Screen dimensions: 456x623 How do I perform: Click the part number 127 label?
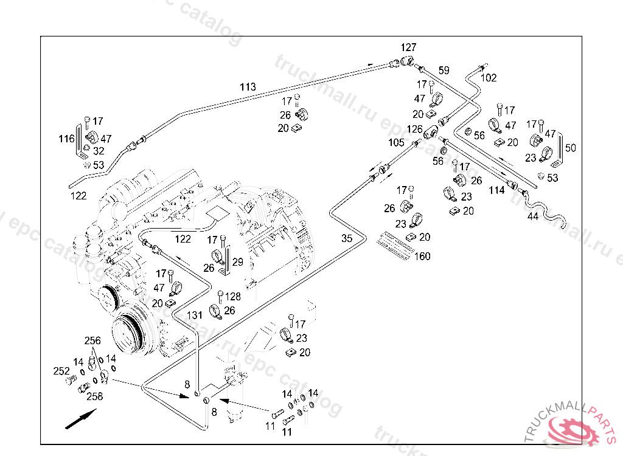tap(408, 47)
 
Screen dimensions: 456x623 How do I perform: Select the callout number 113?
tap(248, 87)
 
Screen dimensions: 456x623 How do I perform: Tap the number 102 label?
tap(489, 78)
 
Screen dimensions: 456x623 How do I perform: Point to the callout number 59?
tap(444, 71)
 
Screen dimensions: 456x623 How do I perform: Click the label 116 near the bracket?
tap(66, 139)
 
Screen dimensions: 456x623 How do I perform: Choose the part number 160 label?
tap(422, 256)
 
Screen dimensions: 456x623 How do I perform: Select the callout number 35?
tap(347, 238)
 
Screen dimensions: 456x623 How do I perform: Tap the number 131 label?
tap(194, 315)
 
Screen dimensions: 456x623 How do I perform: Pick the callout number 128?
tap(233, 297)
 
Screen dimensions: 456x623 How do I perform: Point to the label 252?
tap(61, 371)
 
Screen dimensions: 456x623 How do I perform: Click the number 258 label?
tap(94, 396)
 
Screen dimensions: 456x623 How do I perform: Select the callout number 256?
tap(92, 341)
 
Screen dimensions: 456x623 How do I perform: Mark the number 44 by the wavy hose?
tap(532, 216)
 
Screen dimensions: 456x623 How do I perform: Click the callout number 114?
tap(496, 190)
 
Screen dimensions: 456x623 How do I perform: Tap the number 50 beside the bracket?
tap(570, 148)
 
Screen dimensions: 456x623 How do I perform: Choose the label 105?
tap(396, 142)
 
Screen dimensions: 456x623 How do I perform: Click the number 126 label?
tap(414, 129)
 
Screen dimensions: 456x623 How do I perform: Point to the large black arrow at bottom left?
tap(80, 419)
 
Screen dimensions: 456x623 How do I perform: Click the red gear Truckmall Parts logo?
tap(574, 429)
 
